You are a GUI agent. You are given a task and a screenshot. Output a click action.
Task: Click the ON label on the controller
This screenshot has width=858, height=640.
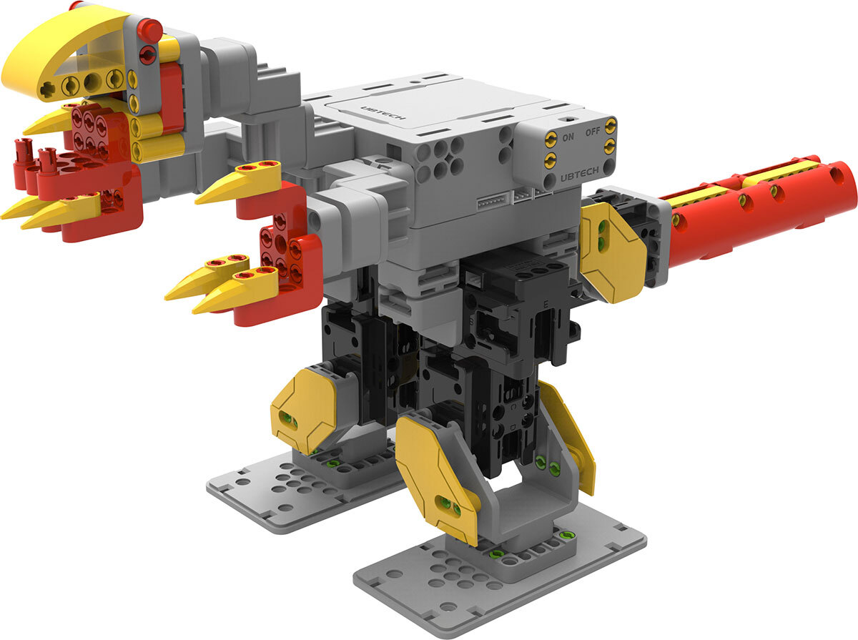pyautogui.click(x=568, y=137)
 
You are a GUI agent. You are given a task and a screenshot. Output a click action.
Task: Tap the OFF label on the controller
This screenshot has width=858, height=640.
pyautogui.click(x=593, y=132)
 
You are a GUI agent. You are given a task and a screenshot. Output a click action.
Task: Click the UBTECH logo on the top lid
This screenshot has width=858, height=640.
pyautogui.click(x=383, y=112)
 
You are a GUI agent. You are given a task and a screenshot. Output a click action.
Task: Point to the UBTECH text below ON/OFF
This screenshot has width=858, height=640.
pyautogui.click(x=579, y=174)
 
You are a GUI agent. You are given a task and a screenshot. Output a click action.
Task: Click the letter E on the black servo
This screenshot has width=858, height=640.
pyautogui.click(x=546, y=303)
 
